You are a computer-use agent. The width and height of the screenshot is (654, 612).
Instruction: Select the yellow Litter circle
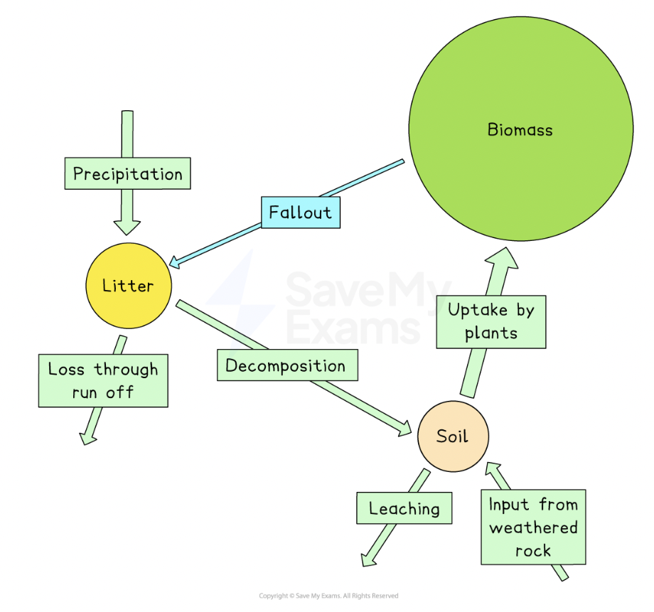pyautogui.click(x=129, y=286)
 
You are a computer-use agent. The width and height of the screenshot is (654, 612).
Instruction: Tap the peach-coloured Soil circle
pyautogui.click(x=453, y=436)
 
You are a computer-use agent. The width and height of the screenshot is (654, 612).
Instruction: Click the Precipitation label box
pyautogui.click(x=128, y=173)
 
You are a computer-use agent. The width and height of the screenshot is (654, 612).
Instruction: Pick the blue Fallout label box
pyautogui.click(x=301, y=213)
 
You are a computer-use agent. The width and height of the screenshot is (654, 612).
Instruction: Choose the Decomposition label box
pyautogui.click(x=286, y=365)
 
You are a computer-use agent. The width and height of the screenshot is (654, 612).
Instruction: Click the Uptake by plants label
pyautogui.click(x=490, y=321)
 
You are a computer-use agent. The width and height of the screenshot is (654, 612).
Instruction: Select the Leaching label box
pyautogui.click(x=404, y=508)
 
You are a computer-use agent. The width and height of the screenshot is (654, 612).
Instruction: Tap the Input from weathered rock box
pyautogui.click(x=533, y=527)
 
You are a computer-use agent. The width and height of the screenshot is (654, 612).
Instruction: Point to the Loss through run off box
pyautogui.click(x=103, y=380)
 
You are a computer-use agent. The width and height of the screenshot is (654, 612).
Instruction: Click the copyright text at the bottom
pyautogui.click(x=328, y=596)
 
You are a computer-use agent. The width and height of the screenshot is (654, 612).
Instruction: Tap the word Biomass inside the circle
pyautogui.click(x=520, y=129)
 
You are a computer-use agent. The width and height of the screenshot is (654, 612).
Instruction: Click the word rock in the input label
pyautogui.click(x=533, y=550)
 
